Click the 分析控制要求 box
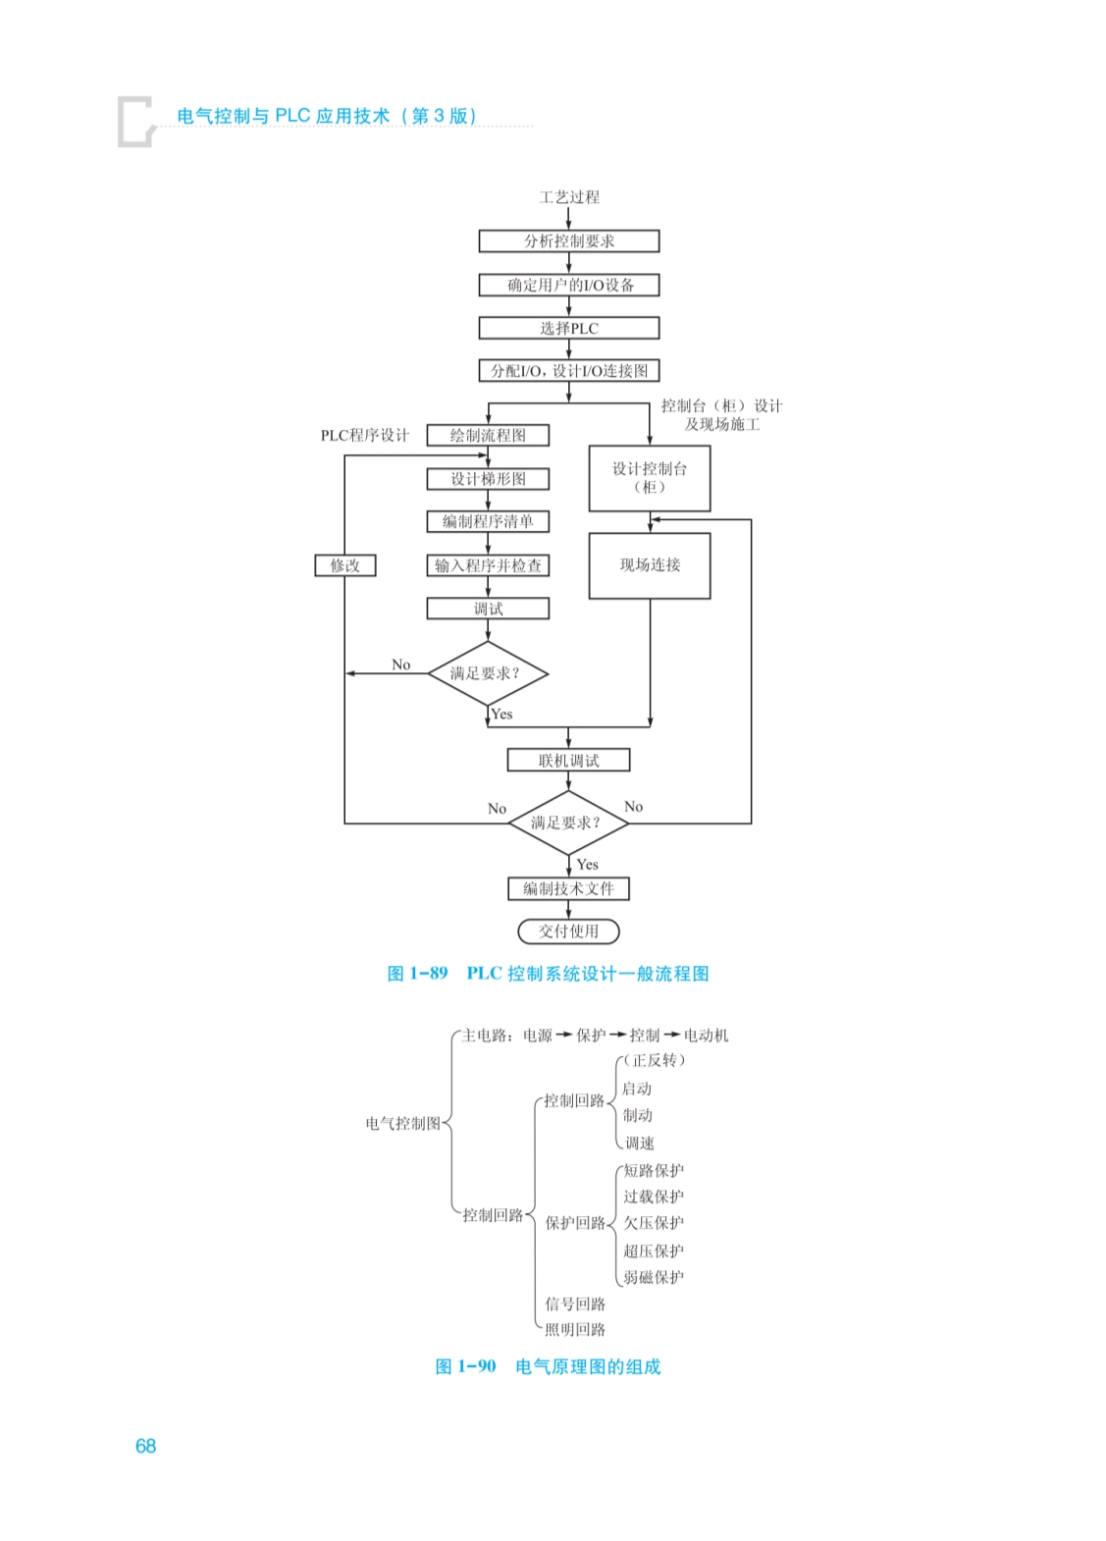pos(568,240)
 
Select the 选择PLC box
pos(568,328)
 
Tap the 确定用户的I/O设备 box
pos(568,285)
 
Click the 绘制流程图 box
pos(488,435)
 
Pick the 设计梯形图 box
pos(488,479)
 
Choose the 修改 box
pos(345,565)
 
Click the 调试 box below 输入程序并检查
pos(488,609)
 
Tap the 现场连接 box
pos(650,565)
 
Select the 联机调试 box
pos(568,761)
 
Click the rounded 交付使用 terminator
pos(568,930)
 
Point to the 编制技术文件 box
pos(568,888)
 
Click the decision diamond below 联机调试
pos(567,823)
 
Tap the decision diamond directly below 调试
pos(487,673)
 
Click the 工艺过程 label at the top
pos(569,197)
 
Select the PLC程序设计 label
pos(365,435)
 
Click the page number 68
pos(145,1446)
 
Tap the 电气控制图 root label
pos(402,1123)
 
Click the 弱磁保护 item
pos(654,1277)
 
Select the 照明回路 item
pos(575,1329)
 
